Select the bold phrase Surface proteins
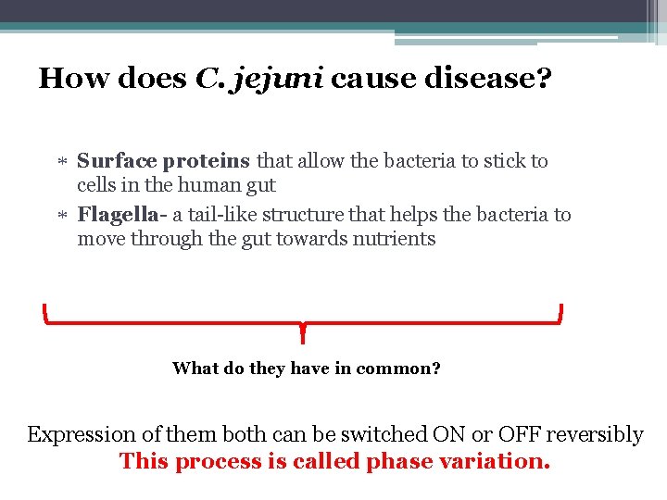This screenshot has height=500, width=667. [164, 161]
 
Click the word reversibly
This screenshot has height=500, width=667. [598, 435]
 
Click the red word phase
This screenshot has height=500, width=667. [395, 461]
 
